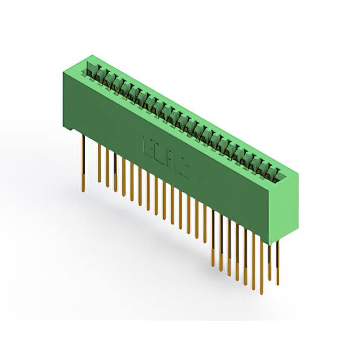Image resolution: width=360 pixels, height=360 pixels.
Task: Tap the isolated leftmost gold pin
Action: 84,163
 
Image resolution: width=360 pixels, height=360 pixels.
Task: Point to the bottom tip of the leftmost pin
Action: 84,190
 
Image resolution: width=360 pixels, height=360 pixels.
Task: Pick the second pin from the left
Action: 100,163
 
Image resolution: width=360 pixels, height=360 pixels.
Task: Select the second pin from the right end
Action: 270,264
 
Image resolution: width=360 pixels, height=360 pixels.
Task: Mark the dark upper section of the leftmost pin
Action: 83,149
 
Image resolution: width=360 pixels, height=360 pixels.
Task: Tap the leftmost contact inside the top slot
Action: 91,71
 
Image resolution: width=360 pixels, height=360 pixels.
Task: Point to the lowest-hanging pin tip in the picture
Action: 262,292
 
